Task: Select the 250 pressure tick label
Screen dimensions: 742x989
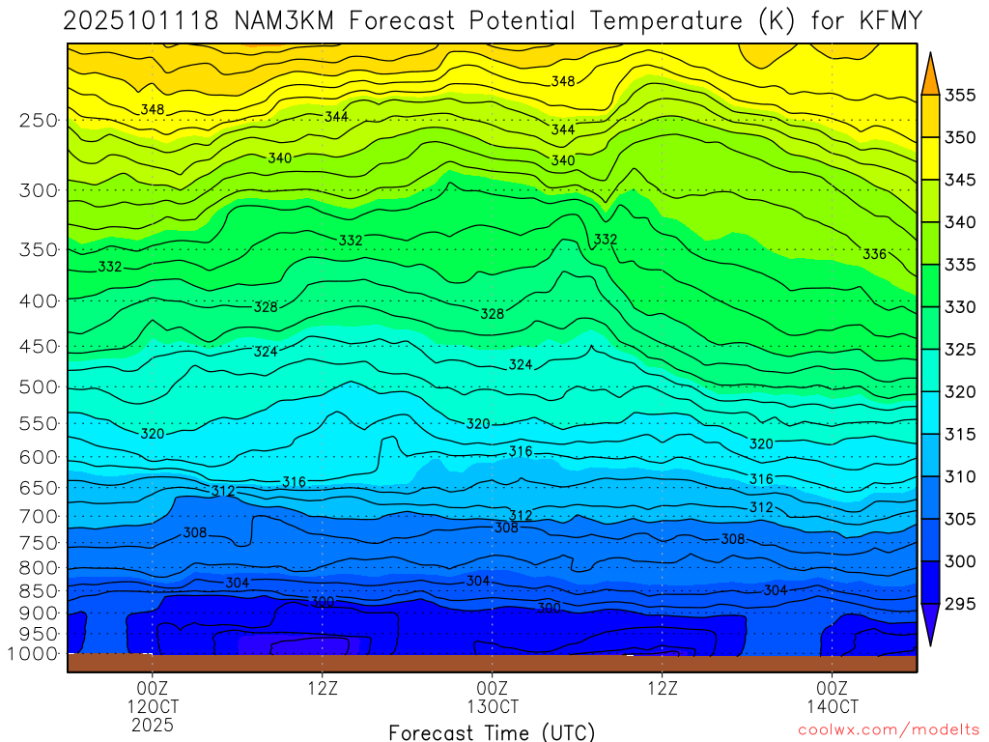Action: click(x=39, y=121)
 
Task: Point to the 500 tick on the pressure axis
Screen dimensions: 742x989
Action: click(x=39, y=387)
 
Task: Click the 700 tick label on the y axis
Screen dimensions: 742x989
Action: click(x=39, y=516)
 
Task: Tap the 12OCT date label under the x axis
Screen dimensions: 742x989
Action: click(x=152, y=706)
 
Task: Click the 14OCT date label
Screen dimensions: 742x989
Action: click(x=832, y=706)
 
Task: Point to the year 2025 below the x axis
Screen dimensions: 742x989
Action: click(x=152, y=724)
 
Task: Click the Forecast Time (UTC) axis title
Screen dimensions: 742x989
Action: click(x=492, y=731)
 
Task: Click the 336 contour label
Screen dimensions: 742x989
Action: click(x=874, y=254)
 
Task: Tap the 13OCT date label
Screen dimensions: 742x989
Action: click(x=492, y=706)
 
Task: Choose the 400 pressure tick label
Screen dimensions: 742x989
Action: click(x=39, y=300)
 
